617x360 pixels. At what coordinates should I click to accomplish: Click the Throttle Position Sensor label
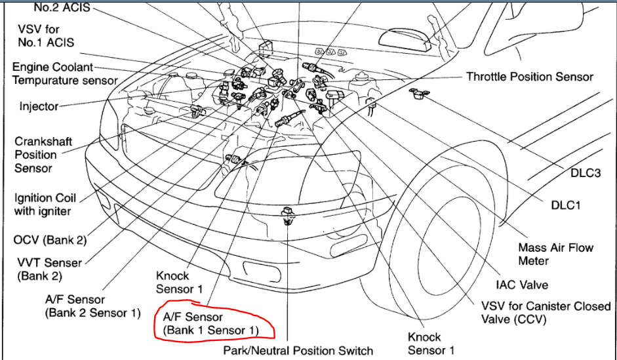click(529, 77)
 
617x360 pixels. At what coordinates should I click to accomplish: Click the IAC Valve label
click(522, 285)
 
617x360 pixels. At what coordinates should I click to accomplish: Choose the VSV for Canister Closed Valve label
click(536, 313)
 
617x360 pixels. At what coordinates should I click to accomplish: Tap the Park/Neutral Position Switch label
click(298, 351)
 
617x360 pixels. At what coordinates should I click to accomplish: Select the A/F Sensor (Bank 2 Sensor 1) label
click(92, 306)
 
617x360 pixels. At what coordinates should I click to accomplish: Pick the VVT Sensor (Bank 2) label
click(50, 270)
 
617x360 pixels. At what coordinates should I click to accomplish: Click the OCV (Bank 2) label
click(50, 240)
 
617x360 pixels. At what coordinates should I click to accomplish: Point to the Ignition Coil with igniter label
click(45, 205)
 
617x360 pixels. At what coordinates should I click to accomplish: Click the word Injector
click(39, 106)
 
